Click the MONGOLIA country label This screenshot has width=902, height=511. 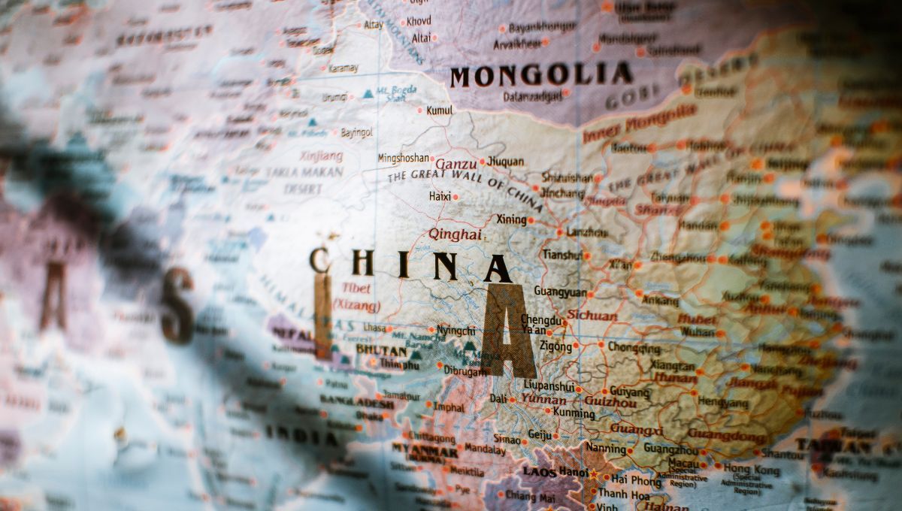click(540, 75)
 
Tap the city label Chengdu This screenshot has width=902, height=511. click(541, 320)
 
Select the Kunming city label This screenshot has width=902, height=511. click(574, 412)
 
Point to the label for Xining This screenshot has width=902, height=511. click(510, 219)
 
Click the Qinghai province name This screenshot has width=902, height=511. click(455, 234)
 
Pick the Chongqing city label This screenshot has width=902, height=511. click(634, 348)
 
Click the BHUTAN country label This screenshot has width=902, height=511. click(382, 349)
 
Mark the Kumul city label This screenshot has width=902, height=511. click(440, 110)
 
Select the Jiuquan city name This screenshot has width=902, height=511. click(505, 161)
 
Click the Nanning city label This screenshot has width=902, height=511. click(605, 448)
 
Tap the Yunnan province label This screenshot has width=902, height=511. click(543, 399)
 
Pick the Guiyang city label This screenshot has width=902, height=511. click(630, 392)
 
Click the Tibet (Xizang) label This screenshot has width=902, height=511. click(356, 297)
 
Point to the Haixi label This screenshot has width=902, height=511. click(440, 196)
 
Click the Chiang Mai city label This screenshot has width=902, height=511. click(531, 495)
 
